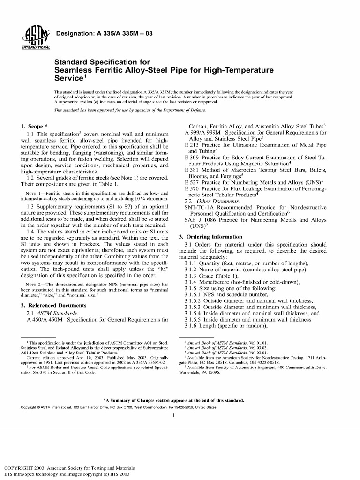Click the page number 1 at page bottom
point(173,415)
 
